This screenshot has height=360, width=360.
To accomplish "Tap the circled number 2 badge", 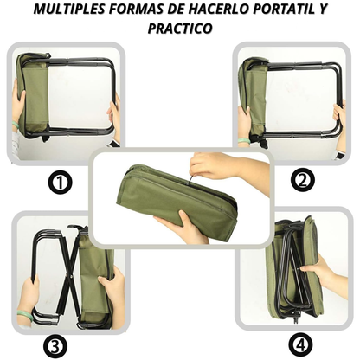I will click(x=302, y=181).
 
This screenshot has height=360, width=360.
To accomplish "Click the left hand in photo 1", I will click(x=17, y=108).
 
